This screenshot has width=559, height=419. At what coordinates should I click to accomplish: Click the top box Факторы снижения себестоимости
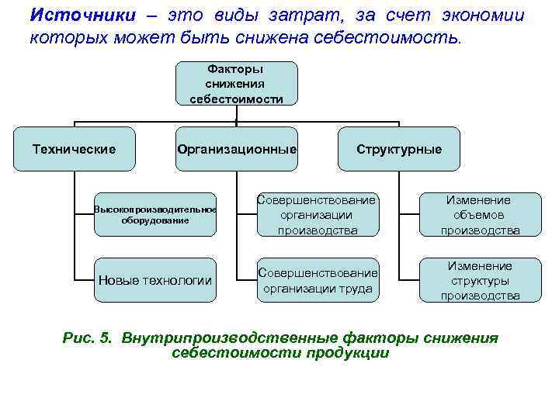(x=236, y=83)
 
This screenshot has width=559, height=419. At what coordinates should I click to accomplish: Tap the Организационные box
(x=236, y=149)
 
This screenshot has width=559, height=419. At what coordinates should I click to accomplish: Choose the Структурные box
(x=398, y=149)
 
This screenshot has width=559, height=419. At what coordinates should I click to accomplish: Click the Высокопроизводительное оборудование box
(x=155, y=214)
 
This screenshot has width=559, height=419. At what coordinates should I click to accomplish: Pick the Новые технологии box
(x=155, y=280)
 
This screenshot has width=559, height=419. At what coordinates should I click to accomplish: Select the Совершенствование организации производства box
(x=318, y=214)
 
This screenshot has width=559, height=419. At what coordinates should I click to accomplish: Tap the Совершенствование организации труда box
(x=318, y=280)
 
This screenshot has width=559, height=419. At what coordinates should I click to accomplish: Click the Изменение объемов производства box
(x=480, y=214)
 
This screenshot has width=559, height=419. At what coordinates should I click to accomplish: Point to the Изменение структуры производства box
(x=480, y=280)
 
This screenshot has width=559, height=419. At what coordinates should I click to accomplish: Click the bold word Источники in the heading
(x=76, y=16)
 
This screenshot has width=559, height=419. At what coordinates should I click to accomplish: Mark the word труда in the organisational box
(x=355, y=289)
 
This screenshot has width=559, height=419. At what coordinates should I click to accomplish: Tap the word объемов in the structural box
(x=480, y=215)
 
